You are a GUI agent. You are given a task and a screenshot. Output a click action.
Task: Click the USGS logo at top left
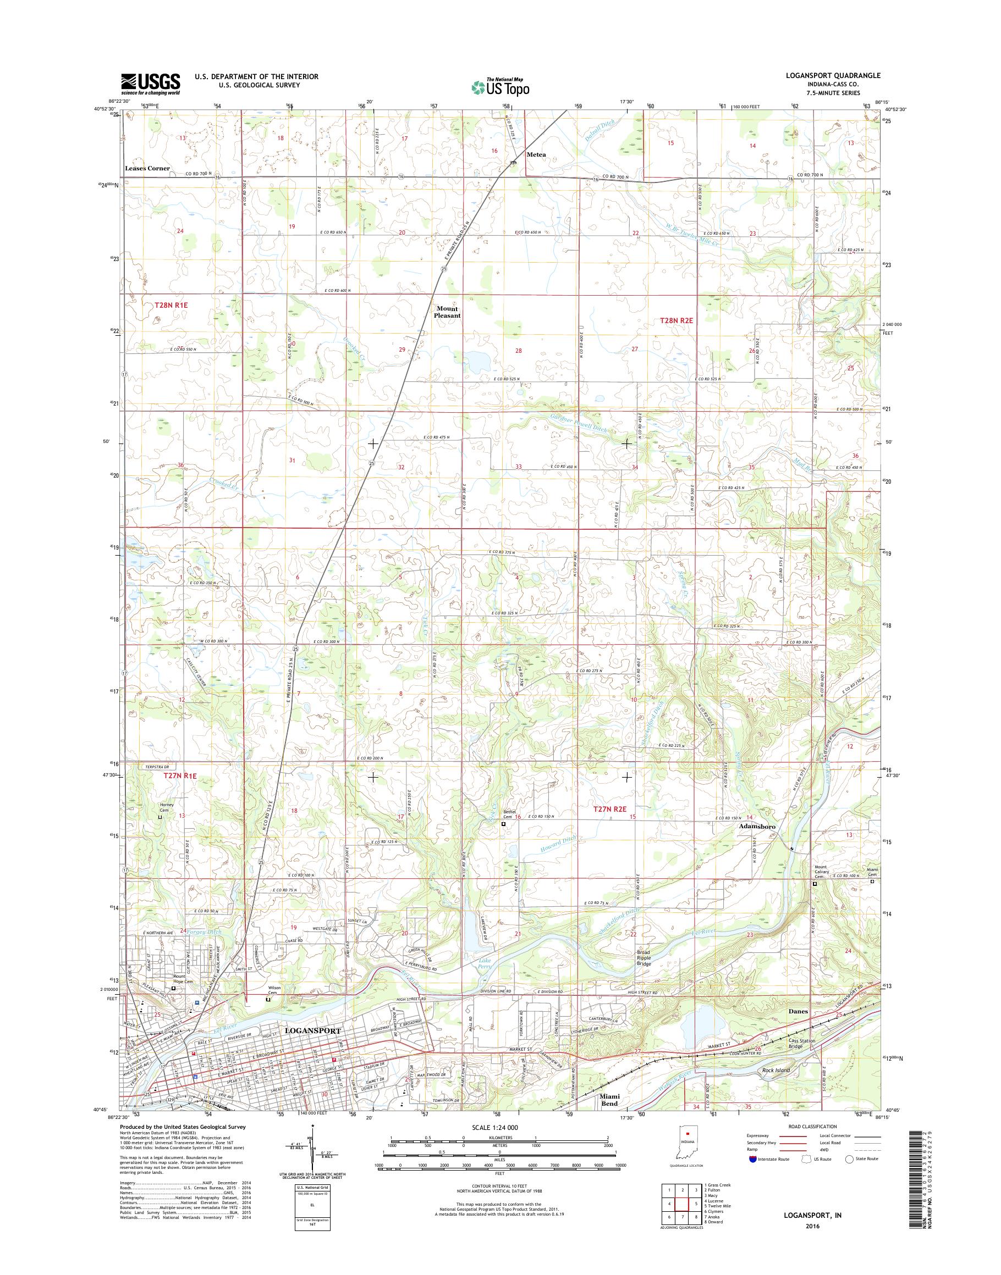pyautogui.click(x=150, y=84)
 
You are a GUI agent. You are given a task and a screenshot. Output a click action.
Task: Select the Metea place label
pyautogui.click(x=536, y=154)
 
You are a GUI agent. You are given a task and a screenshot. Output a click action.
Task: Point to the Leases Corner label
pyautogui.click(x=147, y=169)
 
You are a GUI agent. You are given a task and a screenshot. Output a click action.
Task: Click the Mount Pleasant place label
pyautogui.click(x=447, y=312)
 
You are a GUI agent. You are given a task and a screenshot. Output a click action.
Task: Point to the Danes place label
pyautogui.click(x=798, y=1011)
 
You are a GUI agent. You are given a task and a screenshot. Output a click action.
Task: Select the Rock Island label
pyautogui.click(x=776, y=1070)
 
